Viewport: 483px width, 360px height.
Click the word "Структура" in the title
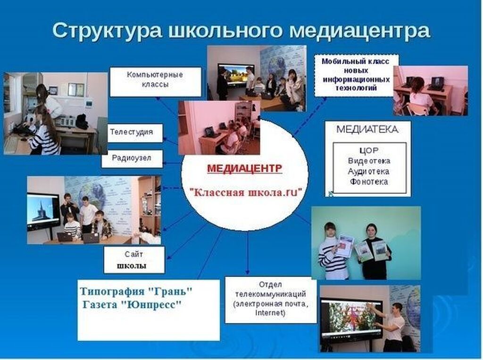107,30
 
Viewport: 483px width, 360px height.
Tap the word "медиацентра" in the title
359,30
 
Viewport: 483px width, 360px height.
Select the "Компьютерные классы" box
156,82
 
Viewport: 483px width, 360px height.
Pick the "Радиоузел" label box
132,159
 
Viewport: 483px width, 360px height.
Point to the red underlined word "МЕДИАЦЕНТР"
245,168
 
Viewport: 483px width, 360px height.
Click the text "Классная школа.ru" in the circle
245,193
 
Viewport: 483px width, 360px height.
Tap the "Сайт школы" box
134,260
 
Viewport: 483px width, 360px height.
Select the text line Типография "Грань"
136,291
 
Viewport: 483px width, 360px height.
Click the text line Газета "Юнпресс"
132,305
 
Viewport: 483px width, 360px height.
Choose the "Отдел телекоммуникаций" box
271,300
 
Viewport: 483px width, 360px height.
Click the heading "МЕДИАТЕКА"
367,129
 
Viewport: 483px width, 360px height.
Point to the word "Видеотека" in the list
369,161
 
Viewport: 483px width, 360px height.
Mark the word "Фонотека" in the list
369,182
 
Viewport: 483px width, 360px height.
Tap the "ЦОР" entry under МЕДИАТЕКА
369,151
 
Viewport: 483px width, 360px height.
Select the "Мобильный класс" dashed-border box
357,75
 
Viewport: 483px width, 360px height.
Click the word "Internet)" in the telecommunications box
270,313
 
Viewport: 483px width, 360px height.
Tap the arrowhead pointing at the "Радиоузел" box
166,163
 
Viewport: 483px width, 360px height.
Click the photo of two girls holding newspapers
366,243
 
